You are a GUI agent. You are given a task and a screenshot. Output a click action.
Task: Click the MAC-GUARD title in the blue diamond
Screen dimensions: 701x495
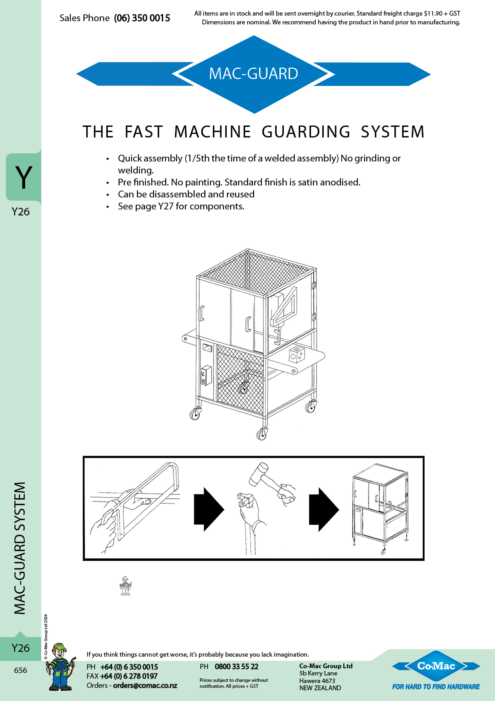(x=253, y=74)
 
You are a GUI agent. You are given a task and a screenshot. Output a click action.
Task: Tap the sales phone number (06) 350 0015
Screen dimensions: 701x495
(x=142, y=18)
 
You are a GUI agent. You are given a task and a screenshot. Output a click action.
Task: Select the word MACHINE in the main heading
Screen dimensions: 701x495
(x=212, y=132)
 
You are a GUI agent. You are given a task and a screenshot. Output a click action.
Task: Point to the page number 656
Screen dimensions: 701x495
(x=20, y=670)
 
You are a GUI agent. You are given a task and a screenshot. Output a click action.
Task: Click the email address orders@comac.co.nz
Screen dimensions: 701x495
(x=145, y=685)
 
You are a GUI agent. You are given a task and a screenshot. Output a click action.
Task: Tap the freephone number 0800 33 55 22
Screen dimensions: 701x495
(x=236, y=667)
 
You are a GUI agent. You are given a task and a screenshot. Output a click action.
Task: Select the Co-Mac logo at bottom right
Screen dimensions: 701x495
(x=436, y=666)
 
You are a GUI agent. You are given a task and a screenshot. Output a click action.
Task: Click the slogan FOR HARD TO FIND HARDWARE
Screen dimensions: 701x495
(x=436, y=687)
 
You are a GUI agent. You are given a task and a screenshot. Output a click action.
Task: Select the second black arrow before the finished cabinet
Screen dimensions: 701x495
(x=323, y=509)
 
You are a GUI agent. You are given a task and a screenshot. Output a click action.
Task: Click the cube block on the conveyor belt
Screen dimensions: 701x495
(x=297, y=354)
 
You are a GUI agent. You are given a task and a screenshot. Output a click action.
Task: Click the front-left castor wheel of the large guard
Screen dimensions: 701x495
(x=195, y=414)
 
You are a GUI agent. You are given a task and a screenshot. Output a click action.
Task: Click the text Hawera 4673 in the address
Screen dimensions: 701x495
(x=317, y=681)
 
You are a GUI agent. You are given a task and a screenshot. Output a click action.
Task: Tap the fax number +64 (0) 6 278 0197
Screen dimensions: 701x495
(x=129, y=676)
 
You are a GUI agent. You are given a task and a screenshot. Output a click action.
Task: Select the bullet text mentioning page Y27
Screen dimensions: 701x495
(x=181, y=206)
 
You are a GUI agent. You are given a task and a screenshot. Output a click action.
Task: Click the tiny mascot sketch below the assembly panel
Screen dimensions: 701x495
(x=125, y=586)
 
